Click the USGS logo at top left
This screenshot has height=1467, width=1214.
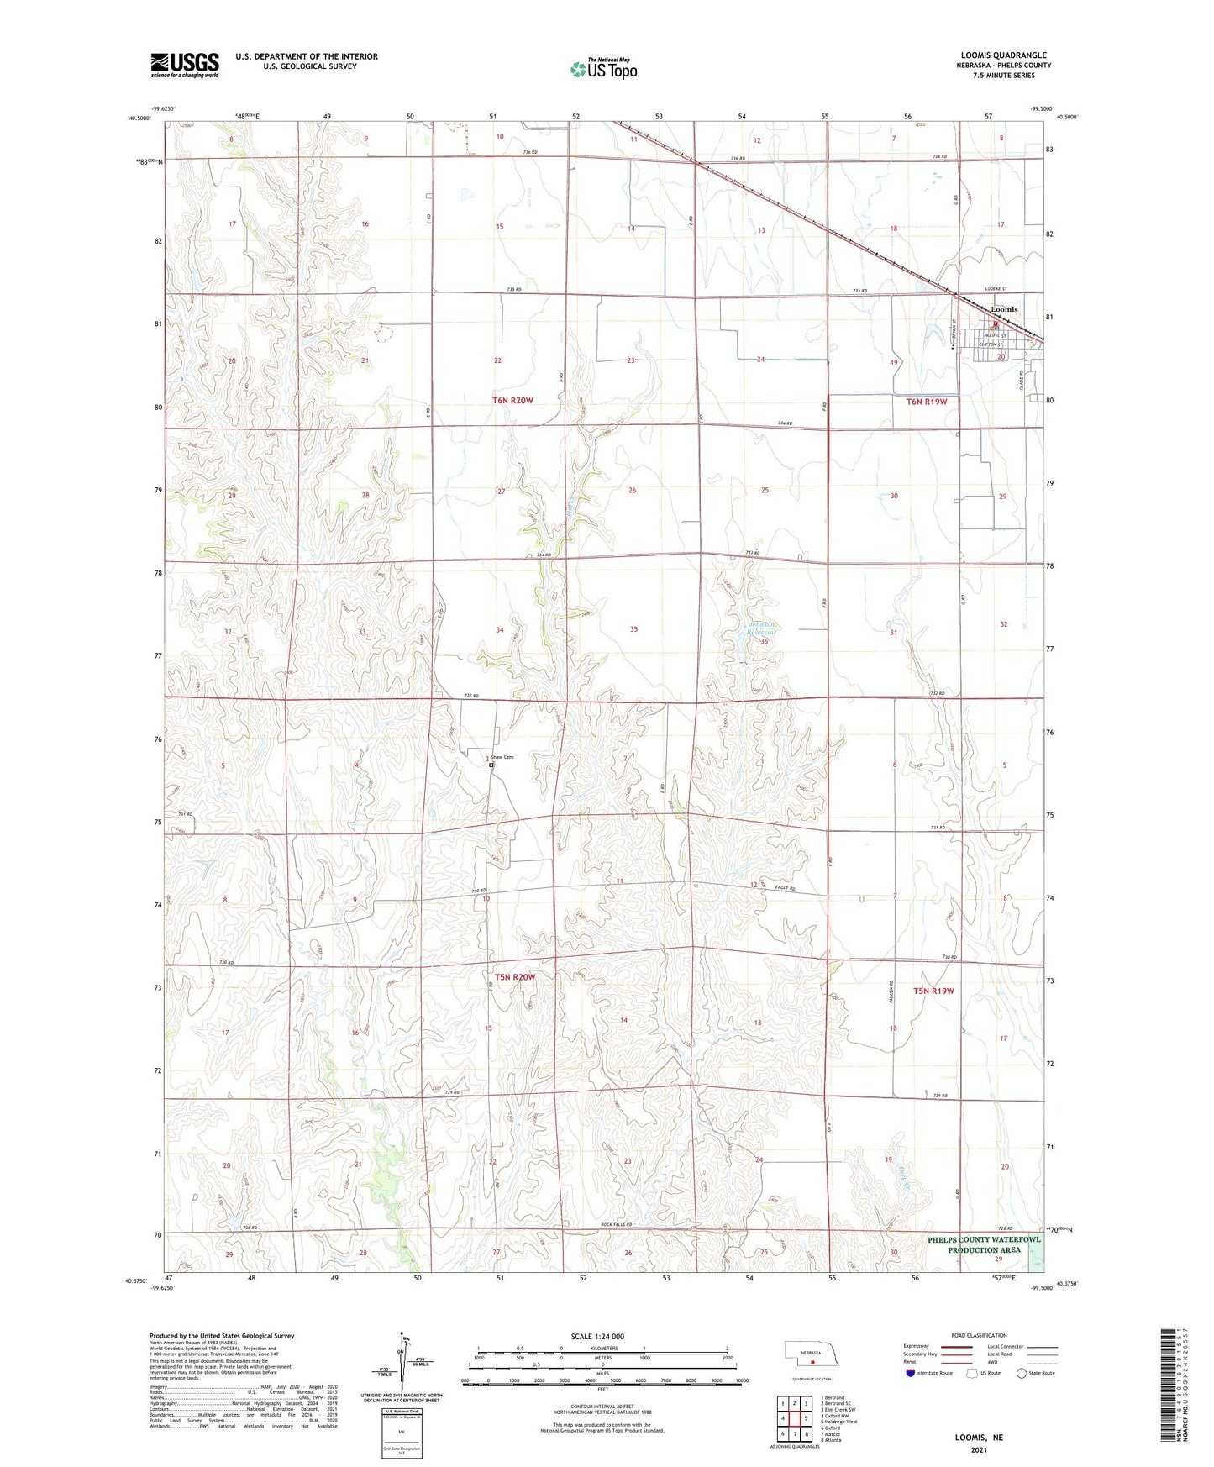tap(185, 65)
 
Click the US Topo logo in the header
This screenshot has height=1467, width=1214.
tap(603, 69)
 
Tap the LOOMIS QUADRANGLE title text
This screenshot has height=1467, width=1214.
tap(1004, 55)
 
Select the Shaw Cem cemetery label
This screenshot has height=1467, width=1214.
tap(502, 757)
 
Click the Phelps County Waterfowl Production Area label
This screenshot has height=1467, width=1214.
tap(984, 1244)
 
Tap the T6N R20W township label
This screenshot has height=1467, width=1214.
tap(512, 401)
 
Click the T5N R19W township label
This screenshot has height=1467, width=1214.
tap(933, 991)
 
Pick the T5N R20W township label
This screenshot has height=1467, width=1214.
tap(514, 977)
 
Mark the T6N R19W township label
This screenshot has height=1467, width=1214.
tap(926, 402)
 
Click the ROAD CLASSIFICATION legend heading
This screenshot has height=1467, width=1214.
tap(978, 1335)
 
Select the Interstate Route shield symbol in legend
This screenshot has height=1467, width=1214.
tap(912, 1373)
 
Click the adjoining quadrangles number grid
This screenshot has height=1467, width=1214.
tap(794, 1418)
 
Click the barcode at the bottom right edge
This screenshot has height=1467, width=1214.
tap(1169, 1385)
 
